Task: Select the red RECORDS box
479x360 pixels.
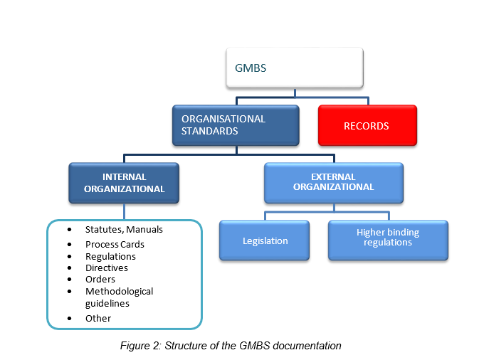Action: tap(367, 126)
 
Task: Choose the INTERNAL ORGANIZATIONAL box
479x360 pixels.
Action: tap(125, 183)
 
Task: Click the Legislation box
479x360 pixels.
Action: tap(264, 240)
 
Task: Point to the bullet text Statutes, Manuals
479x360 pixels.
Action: tap(124, 230)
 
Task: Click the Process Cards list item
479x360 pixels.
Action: tap(115, 245)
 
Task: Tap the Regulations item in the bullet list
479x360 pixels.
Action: tap(110, 256)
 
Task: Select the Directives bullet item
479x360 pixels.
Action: tap(107, 268)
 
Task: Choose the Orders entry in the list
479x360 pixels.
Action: tap(100, 280)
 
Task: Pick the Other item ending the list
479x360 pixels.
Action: tap(98, 318)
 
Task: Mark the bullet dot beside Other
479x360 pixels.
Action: tap(69, 318)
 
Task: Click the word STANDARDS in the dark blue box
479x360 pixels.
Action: tap(209, 132)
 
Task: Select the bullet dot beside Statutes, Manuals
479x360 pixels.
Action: tap(69, 231)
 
